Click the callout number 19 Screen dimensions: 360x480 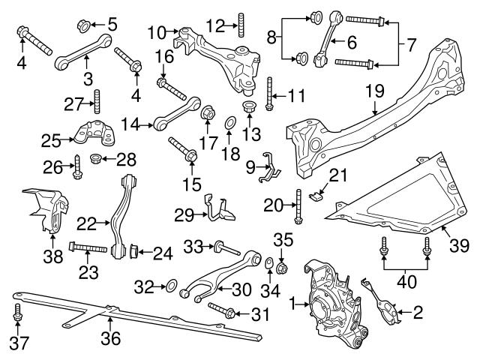[x=375, y=91]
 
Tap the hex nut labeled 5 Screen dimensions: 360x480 [x=83, y=28]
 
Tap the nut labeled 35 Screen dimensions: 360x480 [x=283, y=268]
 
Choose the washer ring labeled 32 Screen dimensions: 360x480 [x=172, y=285]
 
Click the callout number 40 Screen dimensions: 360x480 [x=406, y=283]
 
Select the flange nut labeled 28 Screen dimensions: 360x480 [x=95, y=158]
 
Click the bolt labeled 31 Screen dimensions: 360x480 [x=223, y=310]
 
